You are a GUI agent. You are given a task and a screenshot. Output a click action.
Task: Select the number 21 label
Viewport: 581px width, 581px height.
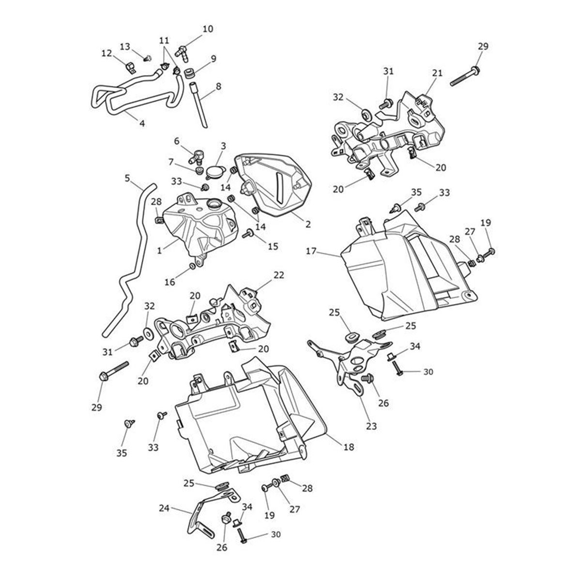pos(437,73)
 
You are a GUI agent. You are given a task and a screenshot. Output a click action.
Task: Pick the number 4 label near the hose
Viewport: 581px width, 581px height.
pos(142,123)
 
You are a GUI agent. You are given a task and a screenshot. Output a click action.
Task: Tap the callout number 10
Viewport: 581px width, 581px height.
pos(207,29)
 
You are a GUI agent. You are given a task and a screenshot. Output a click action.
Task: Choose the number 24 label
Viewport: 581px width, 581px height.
pos(164,508)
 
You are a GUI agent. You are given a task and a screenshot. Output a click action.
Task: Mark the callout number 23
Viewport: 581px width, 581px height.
pos(371,427)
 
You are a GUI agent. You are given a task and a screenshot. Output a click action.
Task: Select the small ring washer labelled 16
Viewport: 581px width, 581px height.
pos(193,266)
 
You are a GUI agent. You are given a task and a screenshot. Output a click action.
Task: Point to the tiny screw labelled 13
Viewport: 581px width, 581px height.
pos(148,58)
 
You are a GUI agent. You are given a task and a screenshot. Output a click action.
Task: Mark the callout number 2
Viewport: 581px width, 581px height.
pos(308,224)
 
